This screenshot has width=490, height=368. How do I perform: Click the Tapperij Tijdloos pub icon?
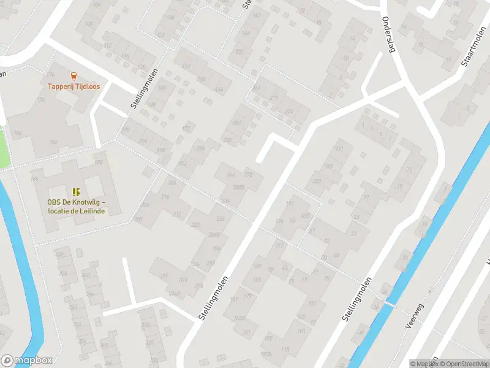pyautogui.click(x=73, y=77)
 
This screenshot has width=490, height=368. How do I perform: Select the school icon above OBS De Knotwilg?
pyautogui.click(x=77, y=193)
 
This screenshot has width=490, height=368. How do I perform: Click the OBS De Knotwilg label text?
pyautogui.click(x=77, y=207)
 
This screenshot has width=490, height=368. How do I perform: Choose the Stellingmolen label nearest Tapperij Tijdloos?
pyautogui.click(x=144, y=89)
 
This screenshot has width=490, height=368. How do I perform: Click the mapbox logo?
pyautogui.click(x=26, y=360)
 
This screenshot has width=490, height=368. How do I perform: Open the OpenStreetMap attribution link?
pyautogui.click(x=466, y=364)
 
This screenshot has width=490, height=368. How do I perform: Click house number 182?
pyautogui.click(x=54, y=142)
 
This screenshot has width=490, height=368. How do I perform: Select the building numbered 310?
pyautogui.click(x=183, y=280)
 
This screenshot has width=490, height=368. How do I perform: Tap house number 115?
pyautogui.click(x=285, y=349)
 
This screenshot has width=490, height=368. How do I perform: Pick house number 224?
pyautogui.click(x=221, y=219)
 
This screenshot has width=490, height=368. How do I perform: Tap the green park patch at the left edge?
pyautogui.click(x=4, y=147)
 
